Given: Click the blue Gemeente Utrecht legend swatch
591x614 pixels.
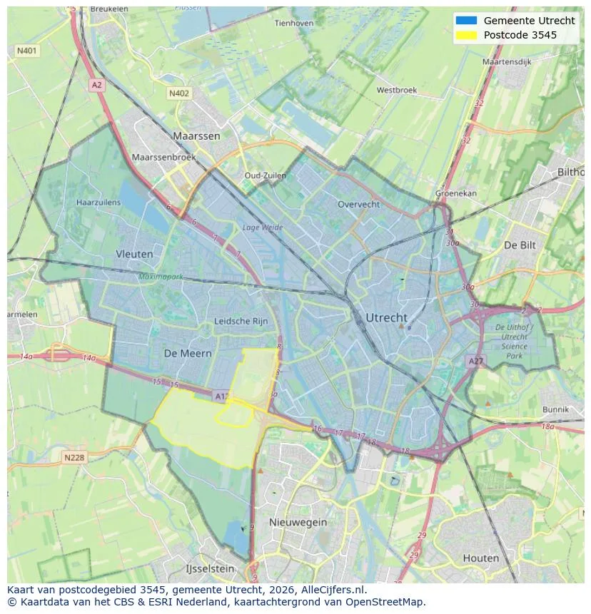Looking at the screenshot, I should point(465,21).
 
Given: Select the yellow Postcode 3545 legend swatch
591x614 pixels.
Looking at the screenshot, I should point(465,35).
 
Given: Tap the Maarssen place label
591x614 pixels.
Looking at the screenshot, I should point(196,135).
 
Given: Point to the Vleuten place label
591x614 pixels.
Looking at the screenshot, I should point(134,253).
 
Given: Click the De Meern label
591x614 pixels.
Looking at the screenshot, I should point(188,353).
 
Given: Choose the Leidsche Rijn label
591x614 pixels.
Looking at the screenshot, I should point(241,322).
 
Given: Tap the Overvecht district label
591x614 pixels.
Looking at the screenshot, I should point(359,204).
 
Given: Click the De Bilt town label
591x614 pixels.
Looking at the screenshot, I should point(520,245).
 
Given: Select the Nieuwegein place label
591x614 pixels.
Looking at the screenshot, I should point(298,522).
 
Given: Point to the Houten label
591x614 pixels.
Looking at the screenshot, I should point(481,558).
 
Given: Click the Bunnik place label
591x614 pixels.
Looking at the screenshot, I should point(555,409).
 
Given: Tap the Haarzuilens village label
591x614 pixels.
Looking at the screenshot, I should point(98,203).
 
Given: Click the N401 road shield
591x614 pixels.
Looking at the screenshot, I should point(26,51).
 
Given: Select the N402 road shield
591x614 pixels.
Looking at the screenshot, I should point(179,93).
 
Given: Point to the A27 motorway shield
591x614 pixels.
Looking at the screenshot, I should point(475,362).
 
